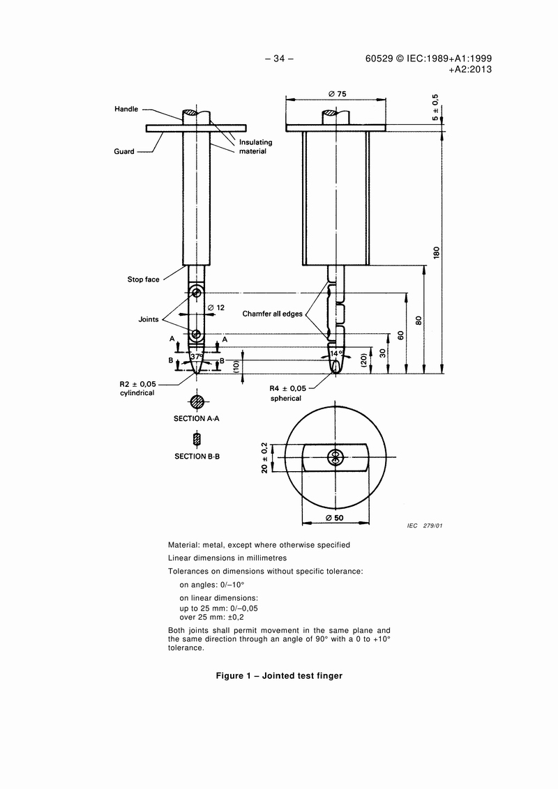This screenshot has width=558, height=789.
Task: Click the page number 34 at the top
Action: pyautogui.click(x=279, y=59)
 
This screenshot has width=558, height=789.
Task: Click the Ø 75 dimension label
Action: pyautogui.click(x=338, y=94)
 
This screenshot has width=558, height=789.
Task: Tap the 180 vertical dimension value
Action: pyautogui.click(x=437, y=252)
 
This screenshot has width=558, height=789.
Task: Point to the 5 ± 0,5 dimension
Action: pyautogui.click(x=436, y=107)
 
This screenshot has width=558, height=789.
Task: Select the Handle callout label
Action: pyautogui.click(x=126, y=109)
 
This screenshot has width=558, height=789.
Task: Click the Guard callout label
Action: pyautogui.click(x=124, y=151)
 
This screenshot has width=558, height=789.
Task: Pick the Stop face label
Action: pyautogui.click(x=143, y=279)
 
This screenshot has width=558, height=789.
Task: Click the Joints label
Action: pyautogui.click(x=149, y=320)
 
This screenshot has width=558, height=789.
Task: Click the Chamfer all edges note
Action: pyautogui.click(x=272, y=314)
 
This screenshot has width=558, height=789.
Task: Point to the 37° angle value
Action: pyautogui.click(x=196, y=355)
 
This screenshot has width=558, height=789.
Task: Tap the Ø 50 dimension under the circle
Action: pyautogui.click(x=336, y=519)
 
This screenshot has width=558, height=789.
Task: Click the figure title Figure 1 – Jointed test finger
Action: pyautogui.click(x=279, y=675)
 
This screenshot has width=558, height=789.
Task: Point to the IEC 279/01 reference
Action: pyautogui.click(x=425, y=525)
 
